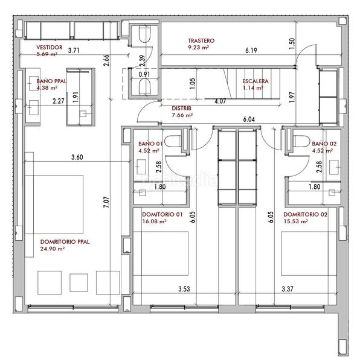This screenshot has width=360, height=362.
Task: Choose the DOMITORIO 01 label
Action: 162,215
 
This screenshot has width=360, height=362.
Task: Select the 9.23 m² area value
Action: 198,47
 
